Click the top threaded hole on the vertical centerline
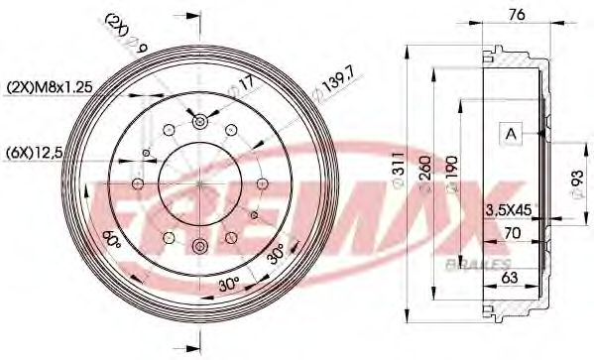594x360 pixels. pyautogui.click(x=199, y=121)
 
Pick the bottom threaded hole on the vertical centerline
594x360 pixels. pyautogui.click(x=199, y=246)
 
